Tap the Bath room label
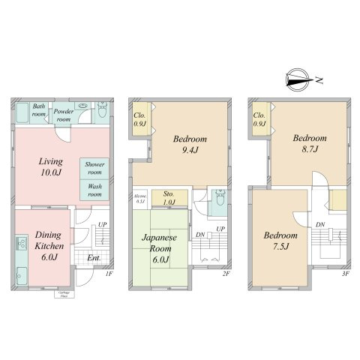39,109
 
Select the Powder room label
63,114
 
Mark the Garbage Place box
57,295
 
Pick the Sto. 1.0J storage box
169,197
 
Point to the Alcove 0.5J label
139,199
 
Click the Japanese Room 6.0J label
158,247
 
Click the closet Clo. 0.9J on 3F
259,120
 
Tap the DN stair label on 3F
320,224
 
